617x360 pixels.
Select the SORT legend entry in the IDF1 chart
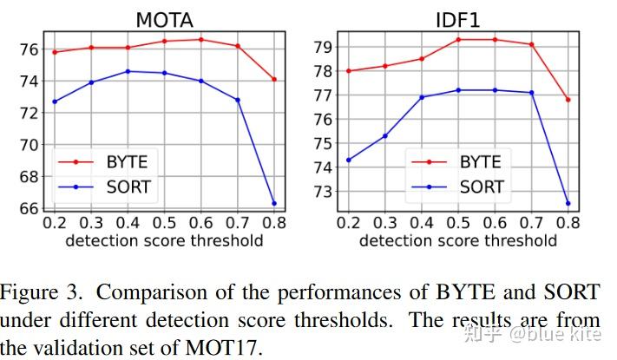[x=480, y=187]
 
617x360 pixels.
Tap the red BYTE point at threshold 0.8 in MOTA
[x=274, y=79]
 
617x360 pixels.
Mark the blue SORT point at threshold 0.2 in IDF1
[x=348, y=160]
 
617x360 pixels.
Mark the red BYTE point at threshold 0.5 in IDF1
[x=458, y=39]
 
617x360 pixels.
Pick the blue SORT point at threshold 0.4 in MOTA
[x=128, y=71]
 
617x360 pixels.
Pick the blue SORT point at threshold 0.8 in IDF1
[x=568, y=204]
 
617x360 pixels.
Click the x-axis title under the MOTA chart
[x=164, y=240]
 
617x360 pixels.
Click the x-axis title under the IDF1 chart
[x=458, y=240]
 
